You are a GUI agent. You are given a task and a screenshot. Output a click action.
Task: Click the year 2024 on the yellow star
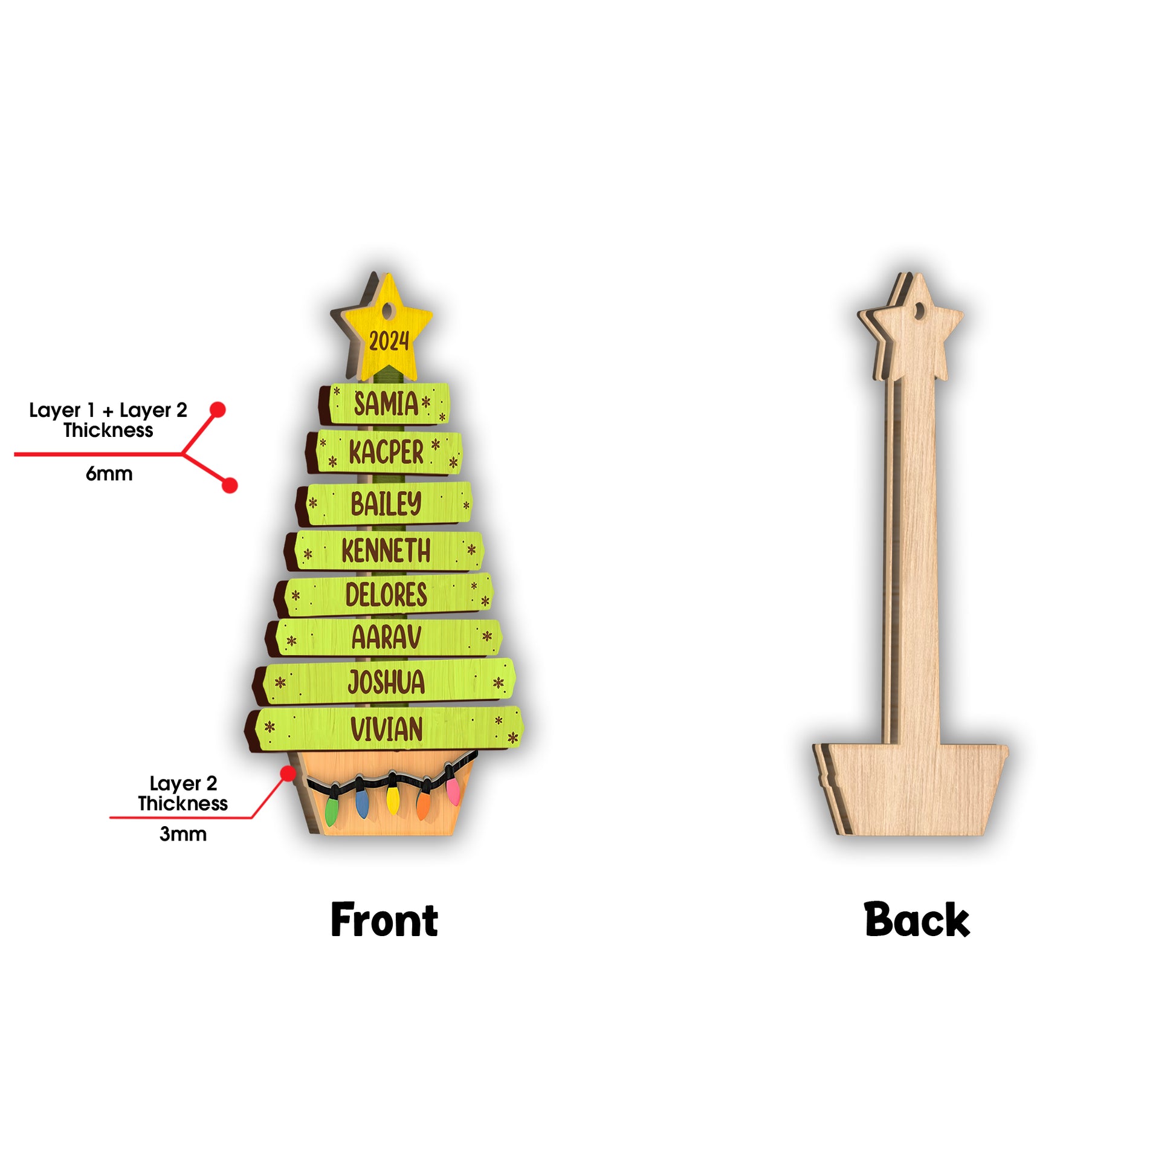coord(389,341)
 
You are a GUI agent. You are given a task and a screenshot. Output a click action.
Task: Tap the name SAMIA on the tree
coord(387,404)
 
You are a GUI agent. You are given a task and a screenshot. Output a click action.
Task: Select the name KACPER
coord(387,452)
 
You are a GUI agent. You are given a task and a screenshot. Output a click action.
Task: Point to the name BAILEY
coord(387,503)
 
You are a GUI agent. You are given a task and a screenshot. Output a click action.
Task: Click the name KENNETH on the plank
coord(387,551)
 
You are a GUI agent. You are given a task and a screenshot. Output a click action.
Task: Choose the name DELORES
coord(387,595)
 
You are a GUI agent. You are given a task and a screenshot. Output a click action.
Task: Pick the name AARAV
coord(387,638)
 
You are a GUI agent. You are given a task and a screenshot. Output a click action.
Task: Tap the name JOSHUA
coord(387,682)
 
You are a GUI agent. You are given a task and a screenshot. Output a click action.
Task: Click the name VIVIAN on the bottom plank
coord(387,729)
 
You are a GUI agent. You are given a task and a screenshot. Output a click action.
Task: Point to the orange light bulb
coord(424,803)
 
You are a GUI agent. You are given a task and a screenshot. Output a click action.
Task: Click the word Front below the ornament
coord(384,920)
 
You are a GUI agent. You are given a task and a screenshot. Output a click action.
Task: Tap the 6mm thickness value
coord(109,474)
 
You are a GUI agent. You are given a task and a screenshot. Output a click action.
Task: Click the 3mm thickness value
coord(183,834)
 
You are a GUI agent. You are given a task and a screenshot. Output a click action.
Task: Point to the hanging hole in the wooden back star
coord(920,311)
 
